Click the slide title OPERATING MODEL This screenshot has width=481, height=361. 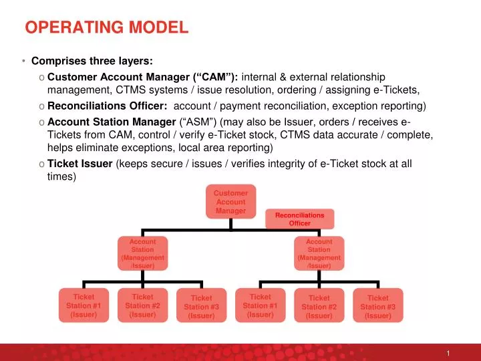107,28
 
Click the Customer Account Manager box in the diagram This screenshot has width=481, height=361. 230,202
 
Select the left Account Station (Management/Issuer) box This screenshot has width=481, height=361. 142,253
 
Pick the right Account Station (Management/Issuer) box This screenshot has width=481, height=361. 319,253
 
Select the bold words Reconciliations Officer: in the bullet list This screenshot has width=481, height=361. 107,106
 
